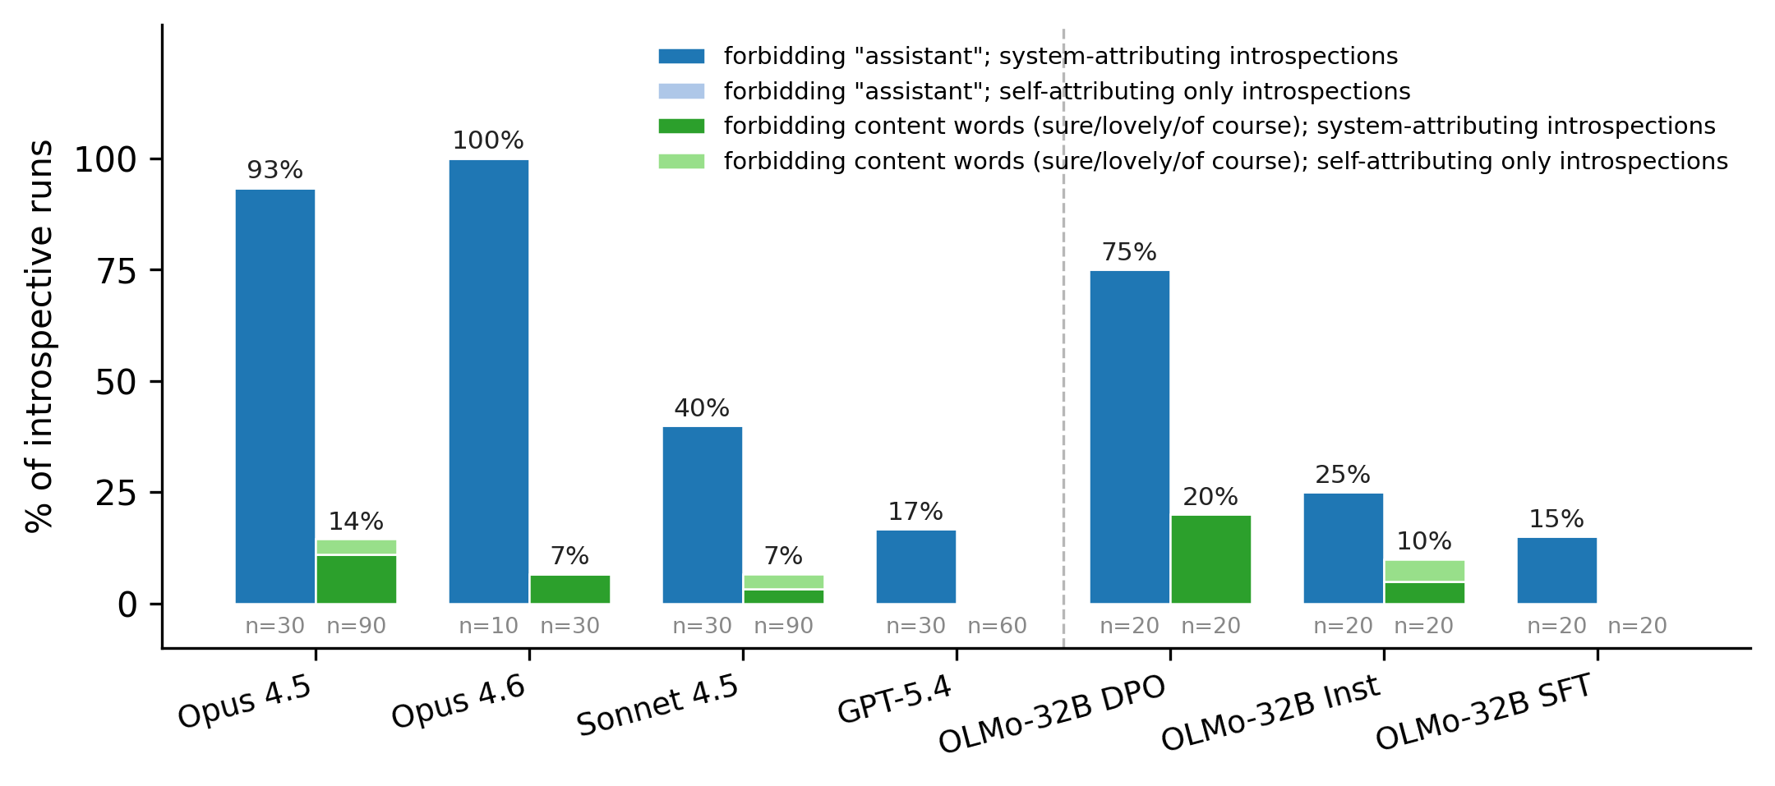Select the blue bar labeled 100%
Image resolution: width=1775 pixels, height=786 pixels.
click(x=488, y=381)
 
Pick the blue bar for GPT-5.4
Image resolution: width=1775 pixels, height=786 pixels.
click(x=915, y=567)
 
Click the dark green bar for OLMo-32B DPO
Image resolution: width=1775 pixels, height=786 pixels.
click(x=1210, y=559)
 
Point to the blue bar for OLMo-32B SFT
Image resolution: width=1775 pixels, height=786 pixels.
click(x=1556, y=570)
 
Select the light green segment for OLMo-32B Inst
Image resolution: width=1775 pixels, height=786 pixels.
click(x=1424, y=571)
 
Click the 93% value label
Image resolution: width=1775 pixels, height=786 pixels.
click(x=274, y=170)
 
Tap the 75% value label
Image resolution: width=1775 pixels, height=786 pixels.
click(x=1129, y=252)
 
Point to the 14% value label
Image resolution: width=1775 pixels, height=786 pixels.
click(x=356, y=522)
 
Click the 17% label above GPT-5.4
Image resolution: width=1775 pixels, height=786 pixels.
click(x=915, y=512)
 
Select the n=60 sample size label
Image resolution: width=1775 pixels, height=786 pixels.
click(x=997, y=626)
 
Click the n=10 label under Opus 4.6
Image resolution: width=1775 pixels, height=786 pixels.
click(x=488, y=626)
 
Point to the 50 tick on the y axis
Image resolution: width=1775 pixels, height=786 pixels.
click(x=116, y=382)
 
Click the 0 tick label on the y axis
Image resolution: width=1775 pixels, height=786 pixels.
click(x=127, y=605)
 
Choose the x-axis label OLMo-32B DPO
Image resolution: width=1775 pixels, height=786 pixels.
click(x=1052, y=714)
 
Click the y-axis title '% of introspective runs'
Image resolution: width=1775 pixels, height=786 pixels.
click(x=39, y=337)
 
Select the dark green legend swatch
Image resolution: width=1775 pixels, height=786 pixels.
click(x=681, y=126)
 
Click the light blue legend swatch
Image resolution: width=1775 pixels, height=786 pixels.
click(x=681, y=91)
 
